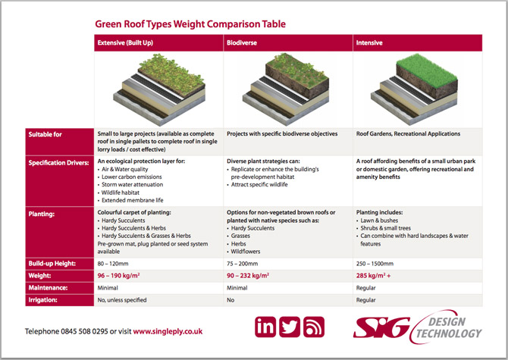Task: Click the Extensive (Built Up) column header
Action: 125,42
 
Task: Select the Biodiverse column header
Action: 242,42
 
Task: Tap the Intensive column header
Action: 369,42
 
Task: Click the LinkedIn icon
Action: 265,327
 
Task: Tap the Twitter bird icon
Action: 290,327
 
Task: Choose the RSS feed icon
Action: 314,327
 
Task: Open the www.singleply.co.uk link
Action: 168,331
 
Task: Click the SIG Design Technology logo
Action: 418,327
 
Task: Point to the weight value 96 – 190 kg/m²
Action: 118,276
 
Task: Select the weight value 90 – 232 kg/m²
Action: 248,276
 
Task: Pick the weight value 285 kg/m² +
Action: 373,276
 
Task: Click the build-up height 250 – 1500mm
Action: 375,264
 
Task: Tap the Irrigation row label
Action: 42,300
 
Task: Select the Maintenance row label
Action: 48,288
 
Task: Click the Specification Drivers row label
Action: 58,163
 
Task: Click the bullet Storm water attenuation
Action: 132,184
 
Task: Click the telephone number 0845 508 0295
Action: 84,331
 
